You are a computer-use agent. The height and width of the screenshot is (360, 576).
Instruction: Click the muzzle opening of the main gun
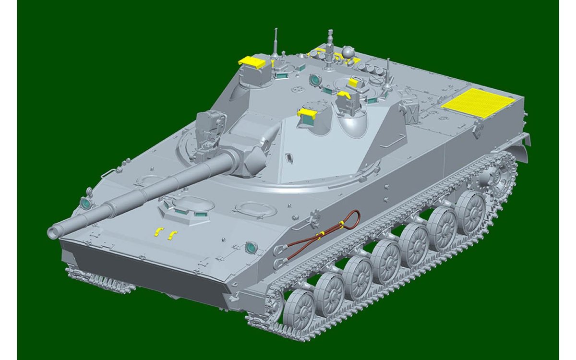click(x=52, y=231)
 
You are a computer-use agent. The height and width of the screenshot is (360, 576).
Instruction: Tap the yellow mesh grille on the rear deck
click(x=478, y=103)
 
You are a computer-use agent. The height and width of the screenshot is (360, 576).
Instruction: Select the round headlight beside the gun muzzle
click(x=85, y=204)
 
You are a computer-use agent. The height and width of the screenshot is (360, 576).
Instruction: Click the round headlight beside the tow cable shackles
click(x=250, y=248)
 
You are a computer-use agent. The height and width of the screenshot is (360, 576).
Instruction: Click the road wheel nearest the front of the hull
click(x=300, y=309)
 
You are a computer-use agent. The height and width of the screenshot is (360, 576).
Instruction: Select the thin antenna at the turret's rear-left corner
click(x=276, y=43)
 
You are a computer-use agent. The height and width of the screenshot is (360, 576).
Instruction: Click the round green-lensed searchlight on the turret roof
click(x=315, y=79)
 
